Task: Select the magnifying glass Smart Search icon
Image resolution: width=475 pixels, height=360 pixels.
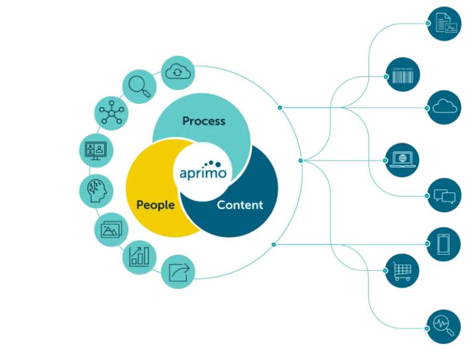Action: [x=139, y=85]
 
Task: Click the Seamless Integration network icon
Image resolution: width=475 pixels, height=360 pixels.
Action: [x=112, y=113]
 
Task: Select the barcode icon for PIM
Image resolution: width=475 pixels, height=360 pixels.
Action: [x=402, y=76]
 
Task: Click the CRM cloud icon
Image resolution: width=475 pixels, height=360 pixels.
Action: [x=443, y=106]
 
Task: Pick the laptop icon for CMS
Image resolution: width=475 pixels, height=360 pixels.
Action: [x=402, y=158]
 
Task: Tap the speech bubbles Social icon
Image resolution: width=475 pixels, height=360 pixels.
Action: [x=443, y=195]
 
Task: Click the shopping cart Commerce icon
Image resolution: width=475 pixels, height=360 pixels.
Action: [x=402, y=270]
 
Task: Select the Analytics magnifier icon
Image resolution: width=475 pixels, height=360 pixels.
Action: [x=443, y=327]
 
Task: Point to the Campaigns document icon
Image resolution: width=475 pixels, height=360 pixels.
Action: [x=443, y=23]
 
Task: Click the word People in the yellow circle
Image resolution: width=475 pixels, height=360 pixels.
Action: [x=155, y=205]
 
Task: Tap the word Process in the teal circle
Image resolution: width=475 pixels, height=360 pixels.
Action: [x=203, y=121]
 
